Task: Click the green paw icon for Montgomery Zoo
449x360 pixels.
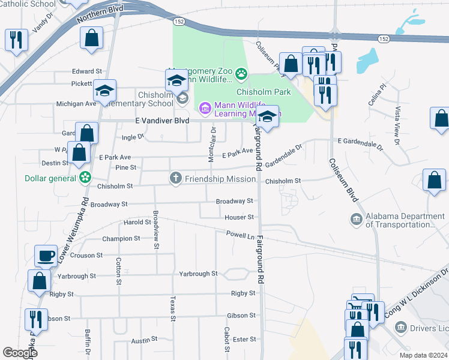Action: [241, 74]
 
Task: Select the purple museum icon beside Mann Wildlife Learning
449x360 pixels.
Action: [205, 108]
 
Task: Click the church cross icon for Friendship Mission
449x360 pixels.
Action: [175, 178]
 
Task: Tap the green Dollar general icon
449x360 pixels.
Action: [86, 178]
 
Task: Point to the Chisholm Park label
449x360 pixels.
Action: [264, 92]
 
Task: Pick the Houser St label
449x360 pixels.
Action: [239, 217]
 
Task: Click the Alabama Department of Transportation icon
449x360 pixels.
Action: [357, 219]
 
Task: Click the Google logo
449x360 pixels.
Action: [20, 353]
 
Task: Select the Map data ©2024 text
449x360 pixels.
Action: [423, 355]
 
